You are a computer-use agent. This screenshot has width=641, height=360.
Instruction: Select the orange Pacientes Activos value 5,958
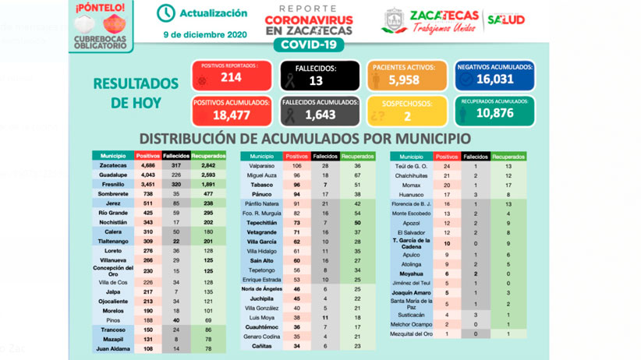click(x=407, y=76)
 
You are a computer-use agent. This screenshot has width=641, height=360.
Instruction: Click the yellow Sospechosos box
click(x=407, y=111)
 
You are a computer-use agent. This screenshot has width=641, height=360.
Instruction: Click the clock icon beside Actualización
click(x=165, y=13)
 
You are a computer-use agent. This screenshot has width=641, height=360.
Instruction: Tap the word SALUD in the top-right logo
click(x=506, y=19)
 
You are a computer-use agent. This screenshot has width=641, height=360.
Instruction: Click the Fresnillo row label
click(x=112, y=185)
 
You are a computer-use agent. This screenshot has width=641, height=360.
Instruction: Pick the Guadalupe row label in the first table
click(x=112, y=175)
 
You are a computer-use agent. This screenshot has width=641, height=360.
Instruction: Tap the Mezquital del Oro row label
click(x=412, y=334)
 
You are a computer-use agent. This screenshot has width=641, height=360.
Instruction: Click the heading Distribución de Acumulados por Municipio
click(x=304, y=139)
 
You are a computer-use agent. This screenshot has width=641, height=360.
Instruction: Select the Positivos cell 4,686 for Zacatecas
click(x=148, y=166)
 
